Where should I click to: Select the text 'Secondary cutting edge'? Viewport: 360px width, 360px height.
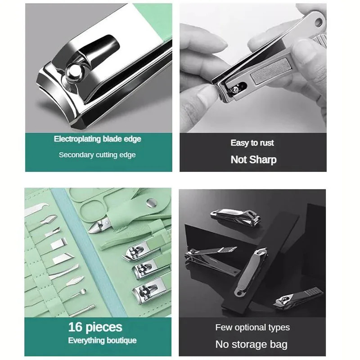pos(97,155)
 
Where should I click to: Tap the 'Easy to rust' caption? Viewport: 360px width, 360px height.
pos(252,143)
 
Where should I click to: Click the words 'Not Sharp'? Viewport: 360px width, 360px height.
pos(253,159)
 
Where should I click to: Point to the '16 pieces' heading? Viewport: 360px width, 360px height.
pos(95,327)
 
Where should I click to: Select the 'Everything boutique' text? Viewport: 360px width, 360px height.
pos(102,340)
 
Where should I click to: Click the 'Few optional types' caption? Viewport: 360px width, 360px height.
pos(252,327)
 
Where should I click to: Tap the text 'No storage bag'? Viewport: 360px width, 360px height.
pos(251,345)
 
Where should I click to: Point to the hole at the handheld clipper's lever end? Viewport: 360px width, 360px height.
pos(319,22)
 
